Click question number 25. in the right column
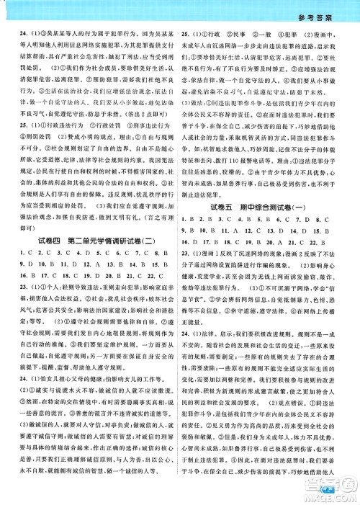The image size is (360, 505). coord(185,34)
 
